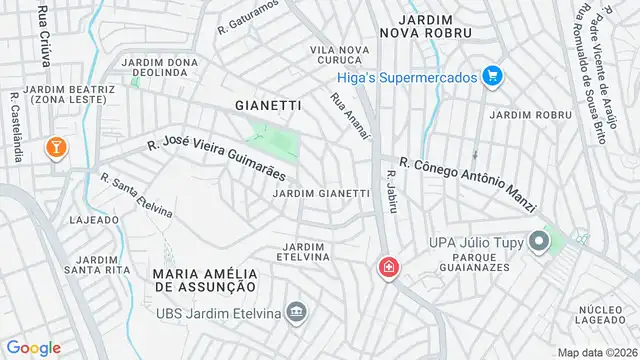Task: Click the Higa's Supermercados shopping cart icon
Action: pos(491,75)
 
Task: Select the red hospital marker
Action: pos(387,268)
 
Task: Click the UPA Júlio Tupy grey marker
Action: pos(540,242)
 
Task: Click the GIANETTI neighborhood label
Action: pos(267,104)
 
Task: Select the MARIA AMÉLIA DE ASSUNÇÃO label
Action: pos(205,279)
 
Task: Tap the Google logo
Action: pos(34,347)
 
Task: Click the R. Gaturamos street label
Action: pos(247,19)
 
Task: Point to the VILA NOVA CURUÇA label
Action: pos(335,55)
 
